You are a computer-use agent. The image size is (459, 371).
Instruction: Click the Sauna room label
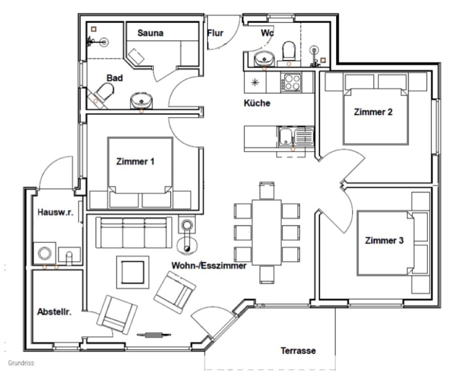(x=150, y=33)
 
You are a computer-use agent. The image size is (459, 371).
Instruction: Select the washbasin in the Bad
(x=141, y=101)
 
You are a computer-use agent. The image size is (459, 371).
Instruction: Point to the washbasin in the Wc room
(x=264, y=59)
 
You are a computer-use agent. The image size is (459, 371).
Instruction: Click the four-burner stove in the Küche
(x=291, y=82)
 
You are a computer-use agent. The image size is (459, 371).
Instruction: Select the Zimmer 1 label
(x=135, y=161)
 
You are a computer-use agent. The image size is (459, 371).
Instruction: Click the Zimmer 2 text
(x=373, y=112)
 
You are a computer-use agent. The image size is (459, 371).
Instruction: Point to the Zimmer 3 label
(x=384, y=240)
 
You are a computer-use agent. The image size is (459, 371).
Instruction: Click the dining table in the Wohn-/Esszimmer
(x=266, y=232)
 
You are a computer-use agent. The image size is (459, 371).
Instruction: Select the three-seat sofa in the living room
(x=134, y=232)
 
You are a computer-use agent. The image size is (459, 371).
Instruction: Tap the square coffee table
(x=132, y=272)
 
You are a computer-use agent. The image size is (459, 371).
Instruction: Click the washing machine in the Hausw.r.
(x=45, y=253)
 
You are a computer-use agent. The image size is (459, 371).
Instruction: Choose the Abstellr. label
(x=54, y=312)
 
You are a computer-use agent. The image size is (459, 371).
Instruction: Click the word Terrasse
(x=298, y=351)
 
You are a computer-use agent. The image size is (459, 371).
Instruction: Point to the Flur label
(x=215, y=33)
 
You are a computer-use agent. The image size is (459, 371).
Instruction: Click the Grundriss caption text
(x=21, y=363)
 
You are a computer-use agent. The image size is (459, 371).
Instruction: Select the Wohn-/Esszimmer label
(x=209, y=266)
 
